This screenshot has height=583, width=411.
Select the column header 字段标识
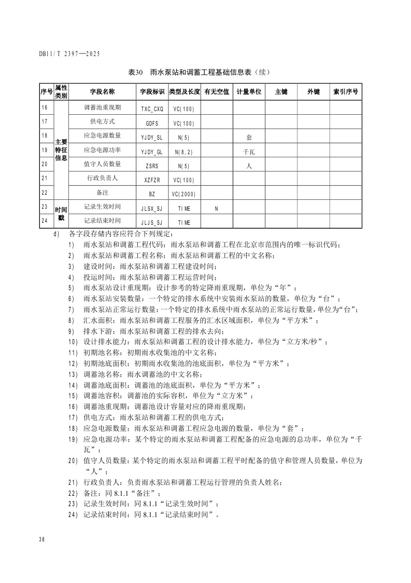click(x=152, y=91)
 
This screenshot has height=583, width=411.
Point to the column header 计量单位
click(x=249, y=91)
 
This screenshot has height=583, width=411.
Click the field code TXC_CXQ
click(x=152, y=109)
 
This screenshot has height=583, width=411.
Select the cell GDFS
click(x=152, y=124)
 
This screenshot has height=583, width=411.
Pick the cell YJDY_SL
click(x=152, y=138)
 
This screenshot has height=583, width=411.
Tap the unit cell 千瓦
click(x=249, y=152)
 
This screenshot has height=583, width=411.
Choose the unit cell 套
click(x=249, y=138)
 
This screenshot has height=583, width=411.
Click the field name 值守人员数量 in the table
click(x=102, y=164)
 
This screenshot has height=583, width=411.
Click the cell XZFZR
click(x=152, y=180)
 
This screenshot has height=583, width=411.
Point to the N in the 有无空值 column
click(x=217, y=208)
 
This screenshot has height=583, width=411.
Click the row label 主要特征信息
click(x=61, y=150)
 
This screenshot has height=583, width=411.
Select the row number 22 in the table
click(x=44, y=192)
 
